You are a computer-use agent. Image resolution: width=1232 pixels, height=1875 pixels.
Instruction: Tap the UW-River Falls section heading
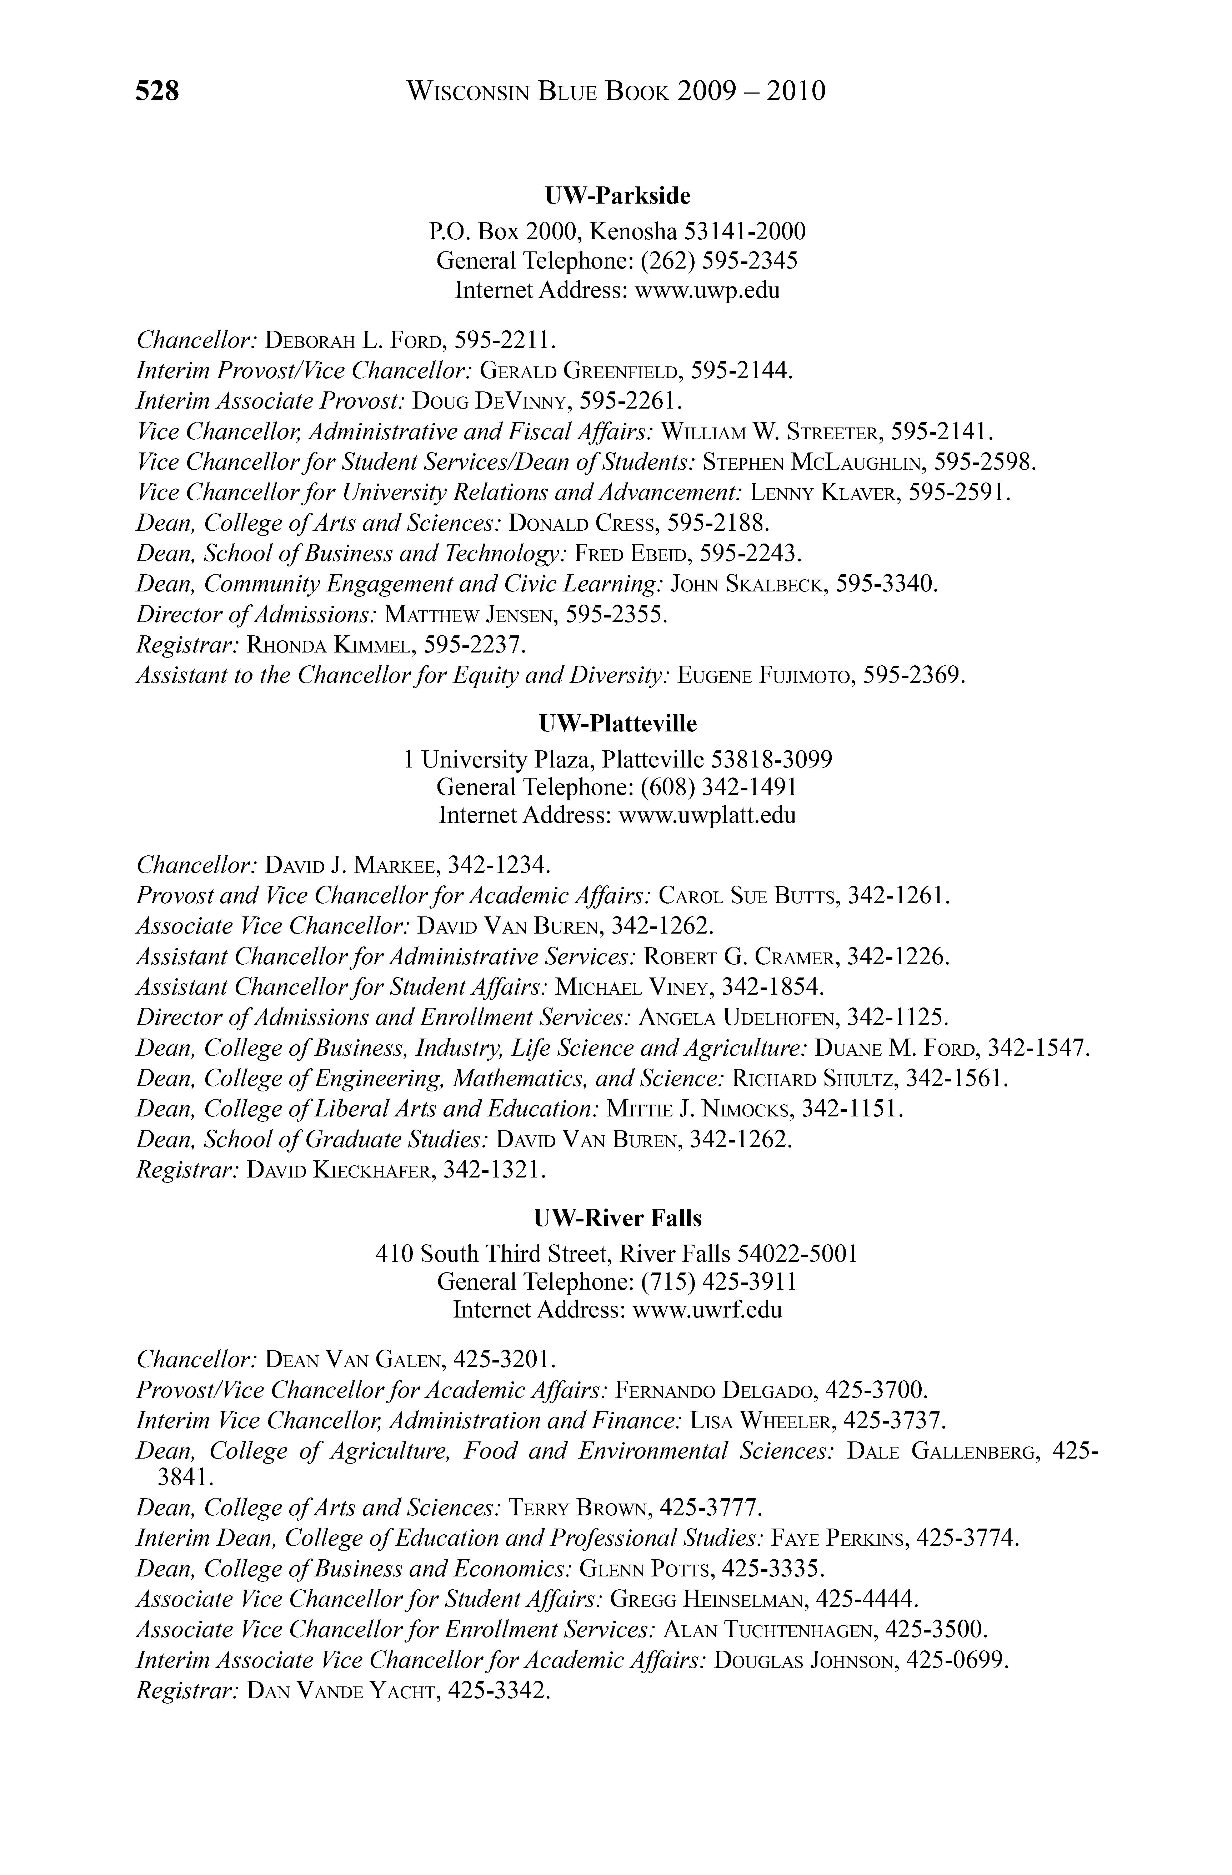[617, 1219]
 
